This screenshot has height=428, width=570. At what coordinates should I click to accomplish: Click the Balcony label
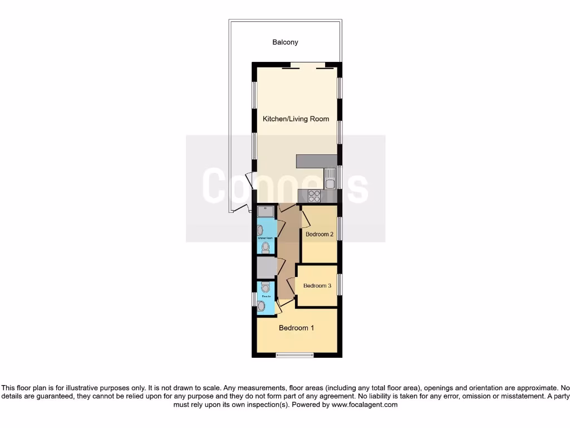285,42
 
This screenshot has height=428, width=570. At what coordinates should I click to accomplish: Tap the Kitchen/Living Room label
296,119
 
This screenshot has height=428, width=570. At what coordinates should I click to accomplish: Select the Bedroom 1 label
296,328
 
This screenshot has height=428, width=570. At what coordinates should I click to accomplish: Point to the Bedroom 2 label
320,235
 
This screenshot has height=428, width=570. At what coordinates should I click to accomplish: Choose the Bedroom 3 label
317,286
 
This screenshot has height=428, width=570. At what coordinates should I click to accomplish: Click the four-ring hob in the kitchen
314,196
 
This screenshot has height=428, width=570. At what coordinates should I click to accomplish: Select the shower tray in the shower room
266,211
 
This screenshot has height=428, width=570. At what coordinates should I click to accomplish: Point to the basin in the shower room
261,230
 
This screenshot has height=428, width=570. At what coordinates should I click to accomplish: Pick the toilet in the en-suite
264,288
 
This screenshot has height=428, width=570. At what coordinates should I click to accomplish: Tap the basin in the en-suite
261,305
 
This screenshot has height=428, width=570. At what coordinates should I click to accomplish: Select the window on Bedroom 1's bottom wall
294,354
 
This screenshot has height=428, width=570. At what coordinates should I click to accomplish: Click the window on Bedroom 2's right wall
340,229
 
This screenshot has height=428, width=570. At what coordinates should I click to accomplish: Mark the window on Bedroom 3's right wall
340,284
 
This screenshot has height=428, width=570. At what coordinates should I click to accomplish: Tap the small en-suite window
254,299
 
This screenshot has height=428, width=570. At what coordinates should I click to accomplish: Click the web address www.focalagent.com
364,405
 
